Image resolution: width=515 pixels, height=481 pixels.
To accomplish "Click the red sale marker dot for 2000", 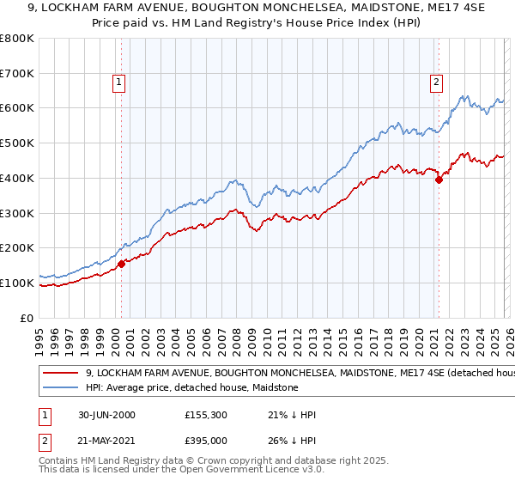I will tap(122, 264).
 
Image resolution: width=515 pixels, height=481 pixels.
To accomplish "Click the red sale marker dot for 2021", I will tap(439, 180).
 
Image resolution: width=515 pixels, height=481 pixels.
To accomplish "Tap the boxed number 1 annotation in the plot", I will tap(118, 82).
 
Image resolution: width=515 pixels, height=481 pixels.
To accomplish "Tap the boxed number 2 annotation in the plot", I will tap(436, 82).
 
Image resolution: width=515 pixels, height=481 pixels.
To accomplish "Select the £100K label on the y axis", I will tap(17, 283).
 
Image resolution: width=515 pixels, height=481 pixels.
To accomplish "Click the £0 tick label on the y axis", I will tap(27, 318).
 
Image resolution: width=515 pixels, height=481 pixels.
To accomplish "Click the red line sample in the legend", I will tap(61, 374).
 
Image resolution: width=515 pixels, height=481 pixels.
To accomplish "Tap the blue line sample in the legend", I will tap(61, 388).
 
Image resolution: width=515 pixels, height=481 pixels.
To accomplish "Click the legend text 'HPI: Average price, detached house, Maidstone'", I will tap(191, 388).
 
